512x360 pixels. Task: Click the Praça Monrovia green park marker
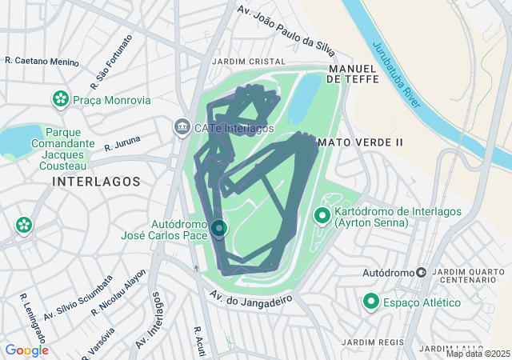[60, 100]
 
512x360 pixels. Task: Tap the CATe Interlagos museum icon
[182, 127]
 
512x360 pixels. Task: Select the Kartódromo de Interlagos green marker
[322, 216]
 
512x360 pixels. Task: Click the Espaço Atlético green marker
[371, 302]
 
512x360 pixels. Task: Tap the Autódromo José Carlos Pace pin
[219, 230]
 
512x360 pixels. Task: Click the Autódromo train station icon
[421, 273]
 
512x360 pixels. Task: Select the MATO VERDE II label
[359, 142]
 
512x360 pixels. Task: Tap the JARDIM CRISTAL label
[248, 62]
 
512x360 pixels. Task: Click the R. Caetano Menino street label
[42, 61]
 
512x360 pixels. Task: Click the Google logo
[26, 350]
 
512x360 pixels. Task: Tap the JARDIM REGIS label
[368, 342]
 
